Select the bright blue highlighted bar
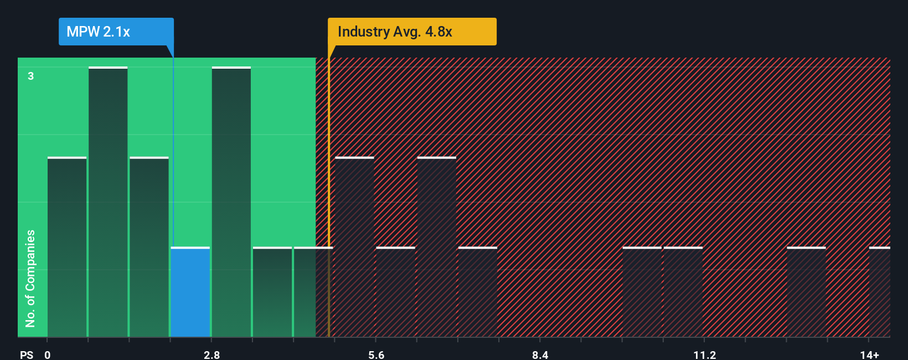point(190,292)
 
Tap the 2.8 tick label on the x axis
point(211,354)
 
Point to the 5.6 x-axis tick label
point(376,354)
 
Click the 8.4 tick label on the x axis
point(540,354)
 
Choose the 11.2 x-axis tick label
point(704,354)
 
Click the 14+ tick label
point(869,354)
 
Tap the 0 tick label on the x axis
point(48,354)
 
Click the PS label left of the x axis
point(27,354)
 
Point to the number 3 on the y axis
point(31,76)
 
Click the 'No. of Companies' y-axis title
point(30,278)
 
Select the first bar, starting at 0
point(67,247)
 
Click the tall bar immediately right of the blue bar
point(231,202)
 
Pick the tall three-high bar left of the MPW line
point(108,202)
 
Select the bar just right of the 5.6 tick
point(395,292)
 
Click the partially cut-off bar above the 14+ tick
point(879,292)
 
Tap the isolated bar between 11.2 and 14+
point(806,292)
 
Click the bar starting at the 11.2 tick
point(683,292)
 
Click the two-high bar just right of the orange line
point(354,247)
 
